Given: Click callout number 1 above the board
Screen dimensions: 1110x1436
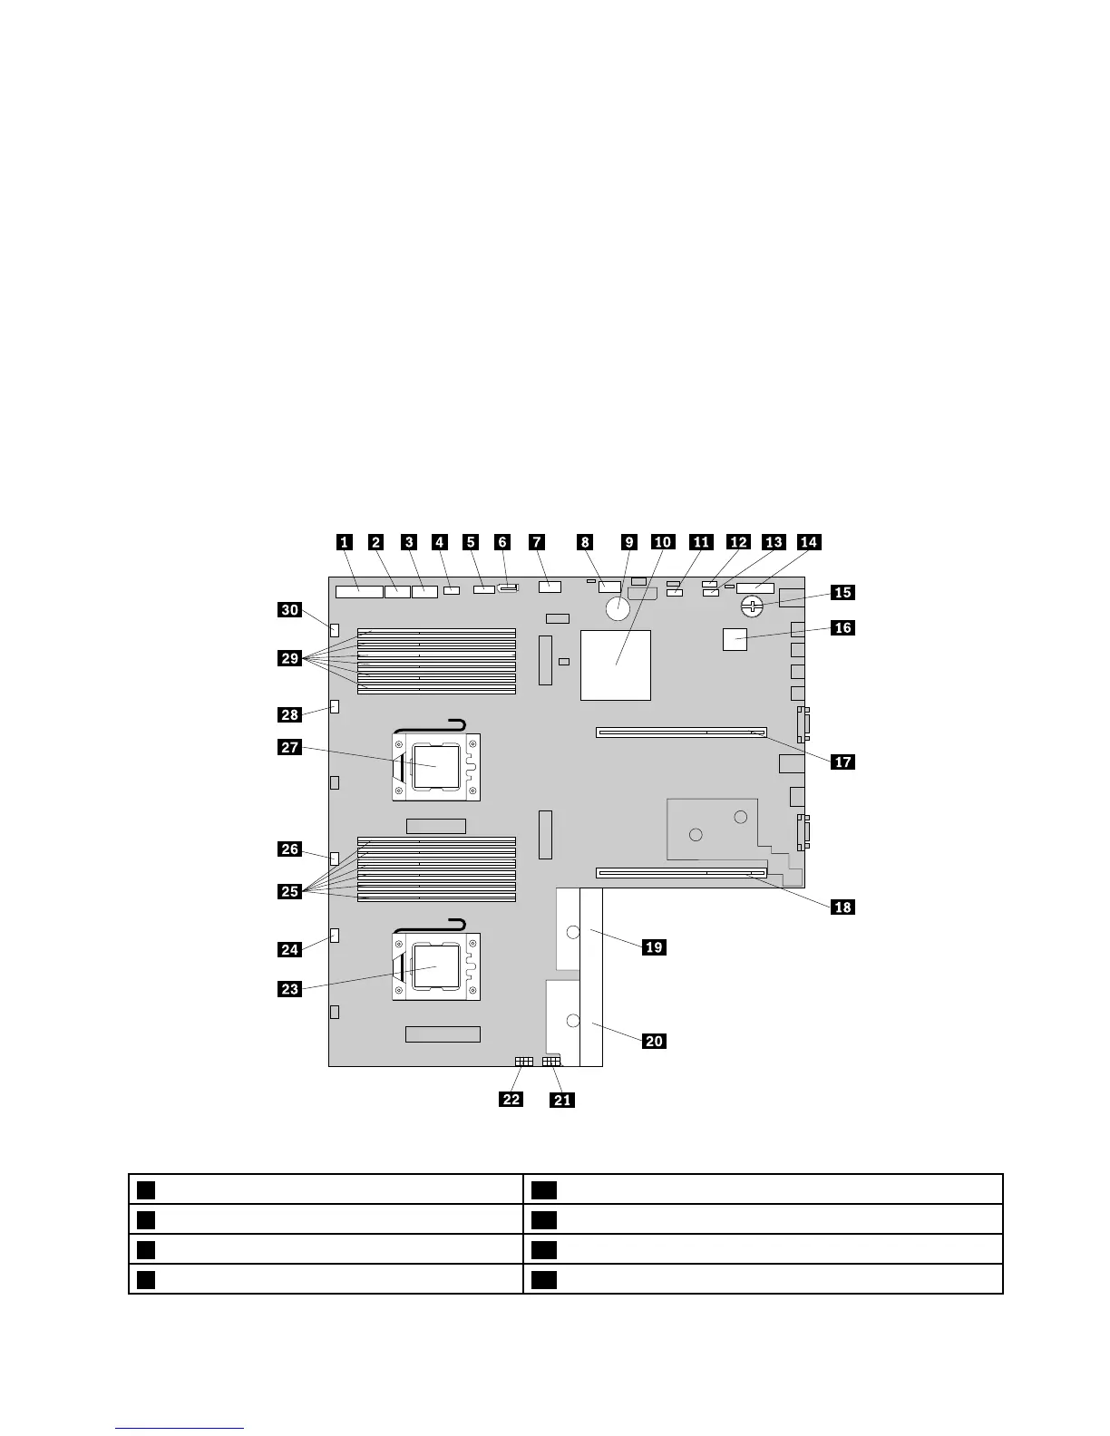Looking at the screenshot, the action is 344,542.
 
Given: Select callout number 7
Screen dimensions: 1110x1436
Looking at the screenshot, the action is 537,542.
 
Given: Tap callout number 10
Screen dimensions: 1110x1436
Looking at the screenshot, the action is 663,542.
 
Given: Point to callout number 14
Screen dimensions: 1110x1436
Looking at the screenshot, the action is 808,542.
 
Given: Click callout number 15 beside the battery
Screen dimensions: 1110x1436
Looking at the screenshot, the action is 842,592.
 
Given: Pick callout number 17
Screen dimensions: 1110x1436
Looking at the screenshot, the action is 842,762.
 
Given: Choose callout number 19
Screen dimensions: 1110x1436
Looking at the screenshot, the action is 653,947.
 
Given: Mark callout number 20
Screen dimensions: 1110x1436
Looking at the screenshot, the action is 653,1042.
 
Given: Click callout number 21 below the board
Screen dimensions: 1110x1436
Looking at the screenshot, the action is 563,1100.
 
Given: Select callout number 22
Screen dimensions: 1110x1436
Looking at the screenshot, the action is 511,1100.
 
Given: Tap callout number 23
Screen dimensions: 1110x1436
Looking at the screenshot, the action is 289,989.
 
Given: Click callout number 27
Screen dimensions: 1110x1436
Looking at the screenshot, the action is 289,748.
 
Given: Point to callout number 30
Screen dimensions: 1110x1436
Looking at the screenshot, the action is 289,610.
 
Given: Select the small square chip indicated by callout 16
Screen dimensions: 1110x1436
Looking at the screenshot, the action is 735,639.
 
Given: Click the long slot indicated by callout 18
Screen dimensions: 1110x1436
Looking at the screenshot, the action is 681,875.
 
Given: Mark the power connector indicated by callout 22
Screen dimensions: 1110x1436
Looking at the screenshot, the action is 523,1061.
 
